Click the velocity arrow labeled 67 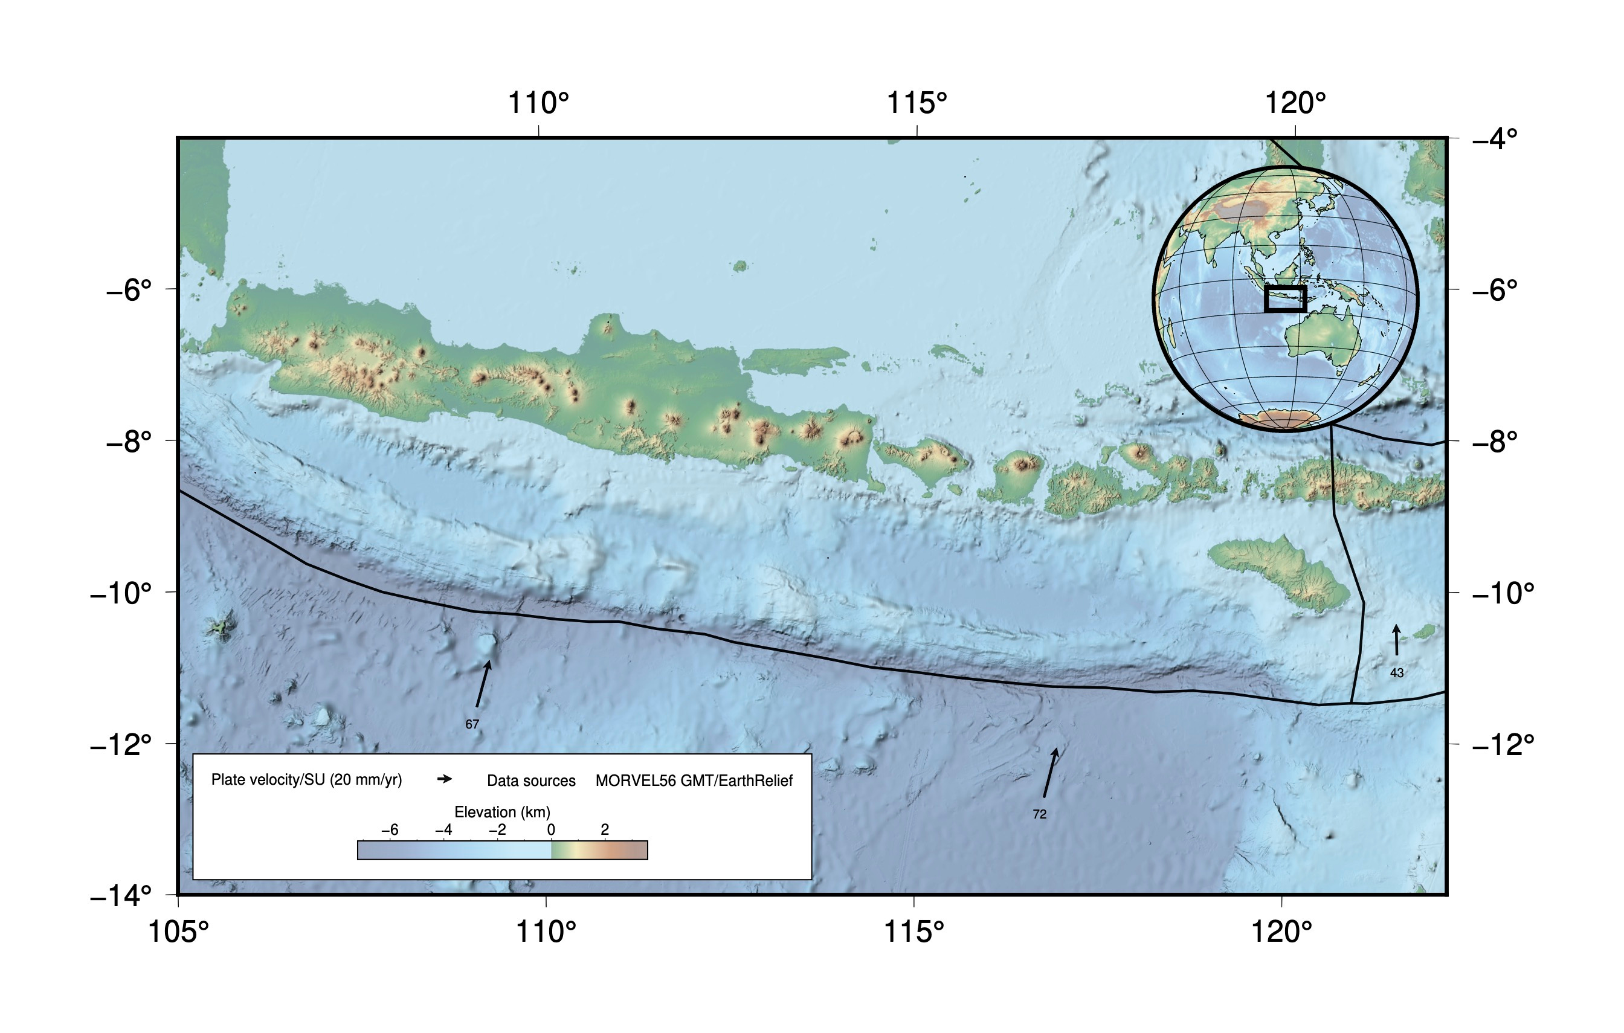pyautogui.click(x=483, y=684)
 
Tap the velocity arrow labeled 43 pyautogui.click(x=1397, y=640)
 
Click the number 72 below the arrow pyautogui.click(x=1039, y=814)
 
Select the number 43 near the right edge pyautogui.click(x=1397, y=673)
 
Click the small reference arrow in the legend pyautogui.click(x=445, y=779)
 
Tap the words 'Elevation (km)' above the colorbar pyautogui.click(x=503, y=812)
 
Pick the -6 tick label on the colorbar pyautogui.click(x=389, y=830)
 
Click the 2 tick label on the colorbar pyautogui.click(x=604, y=830)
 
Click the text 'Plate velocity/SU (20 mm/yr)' pyautogui.click(x=306, y=780)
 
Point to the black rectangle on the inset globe pyautogui.click(x=1286, y=298)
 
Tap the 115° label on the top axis pyautogui.click(x=917, y=103)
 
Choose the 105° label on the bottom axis pyautogui.click(x=178, y=932)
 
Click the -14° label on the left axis pyautogui.click(x=121, y=896)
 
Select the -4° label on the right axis pyautogui.click(x=1495, y=139)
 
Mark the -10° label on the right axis pyautogui.click(x=1503, y=593)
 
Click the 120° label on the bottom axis pyautogui.click(x=1281, y=932)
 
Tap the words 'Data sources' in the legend pyautogui.click(x=532, y=781)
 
